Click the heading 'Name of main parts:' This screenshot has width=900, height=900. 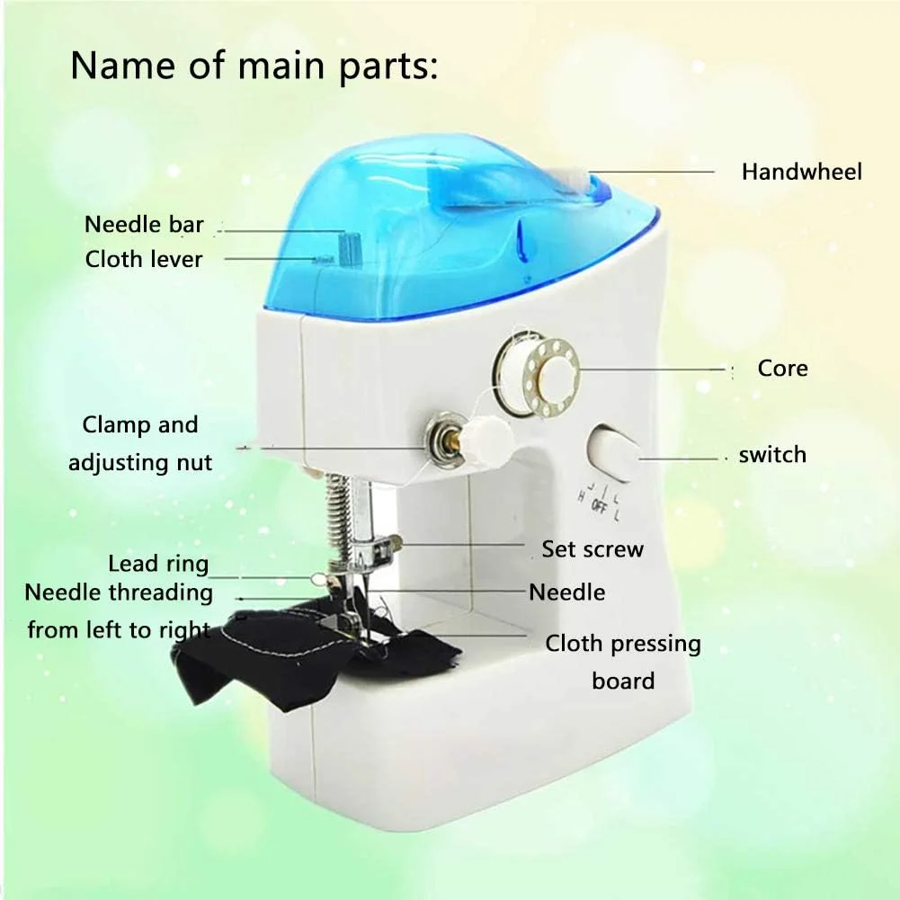pyautogui.click(x=254, y=66)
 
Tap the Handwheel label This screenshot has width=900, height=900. pyautogui.click(x=801, y=172)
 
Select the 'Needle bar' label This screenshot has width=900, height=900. pyautogui.click(x=144, y=225)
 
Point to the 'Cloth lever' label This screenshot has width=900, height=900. pyautogui.click(x=144, y=259)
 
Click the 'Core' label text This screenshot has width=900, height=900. pyautogui.click(x=782, y=368)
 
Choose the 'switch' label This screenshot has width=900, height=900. pyautogui.click(x=772, y=455)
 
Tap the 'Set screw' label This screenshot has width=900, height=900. pyautogui.click(x=593, y=549)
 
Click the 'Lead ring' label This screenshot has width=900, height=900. pyautogui.click(x=158, y=564)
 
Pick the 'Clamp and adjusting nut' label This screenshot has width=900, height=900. pyautogui.click(x=140, y=443)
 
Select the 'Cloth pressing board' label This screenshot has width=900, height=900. pyautogui.click(x=623, y=662)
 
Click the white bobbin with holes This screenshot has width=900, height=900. pyautogui.click(x=536, y=376)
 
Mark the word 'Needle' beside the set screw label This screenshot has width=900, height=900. pyautogui.click(x=567, y=593)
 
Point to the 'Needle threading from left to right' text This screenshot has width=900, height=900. pyautogui.click(x=119, y=610)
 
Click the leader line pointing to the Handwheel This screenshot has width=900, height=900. pyautogui.click(x=652, y=171)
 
